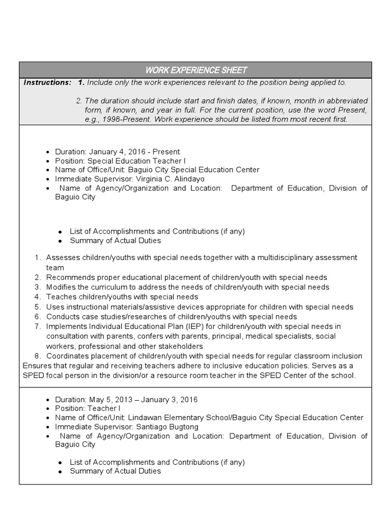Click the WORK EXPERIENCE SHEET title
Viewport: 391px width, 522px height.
click(x=196, y=70)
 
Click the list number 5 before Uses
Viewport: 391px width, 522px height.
click(x=38, y=307)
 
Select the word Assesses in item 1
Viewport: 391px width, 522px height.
click(x=62, y=258)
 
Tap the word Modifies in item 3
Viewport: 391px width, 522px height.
click(x=61, y=287)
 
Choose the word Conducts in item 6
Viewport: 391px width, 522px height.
click(x=62, y=317)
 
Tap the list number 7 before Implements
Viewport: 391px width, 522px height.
click(x=38, y=326)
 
